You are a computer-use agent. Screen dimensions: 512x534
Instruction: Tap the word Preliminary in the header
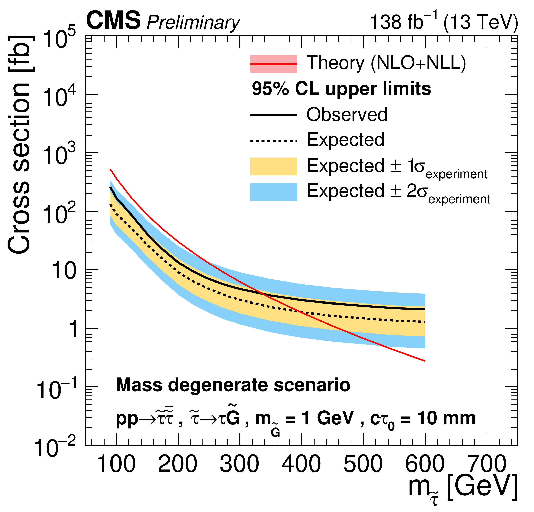click(193, 22)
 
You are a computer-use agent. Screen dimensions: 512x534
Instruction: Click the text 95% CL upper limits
click(341, 89)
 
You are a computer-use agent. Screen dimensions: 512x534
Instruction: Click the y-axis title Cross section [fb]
click(19, 144)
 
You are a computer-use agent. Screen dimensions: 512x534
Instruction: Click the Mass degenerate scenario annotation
click(233, 385)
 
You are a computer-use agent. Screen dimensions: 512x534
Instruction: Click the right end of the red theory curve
click(425, 361)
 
